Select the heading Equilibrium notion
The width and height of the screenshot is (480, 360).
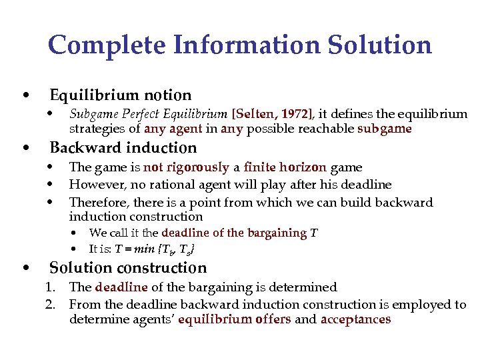click(121, 95)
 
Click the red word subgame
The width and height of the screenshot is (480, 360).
click(385, 129)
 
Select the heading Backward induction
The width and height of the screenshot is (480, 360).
click(123, 147)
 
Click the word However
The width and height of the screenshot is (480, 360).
click(93, 185)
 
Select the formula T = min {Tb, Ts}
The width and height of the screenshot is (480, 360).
click(155, 249)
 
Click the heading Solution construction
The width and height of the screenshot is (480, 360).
click(128, 267)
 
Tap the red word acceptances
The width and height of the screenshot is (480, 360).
click(355, 319)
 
